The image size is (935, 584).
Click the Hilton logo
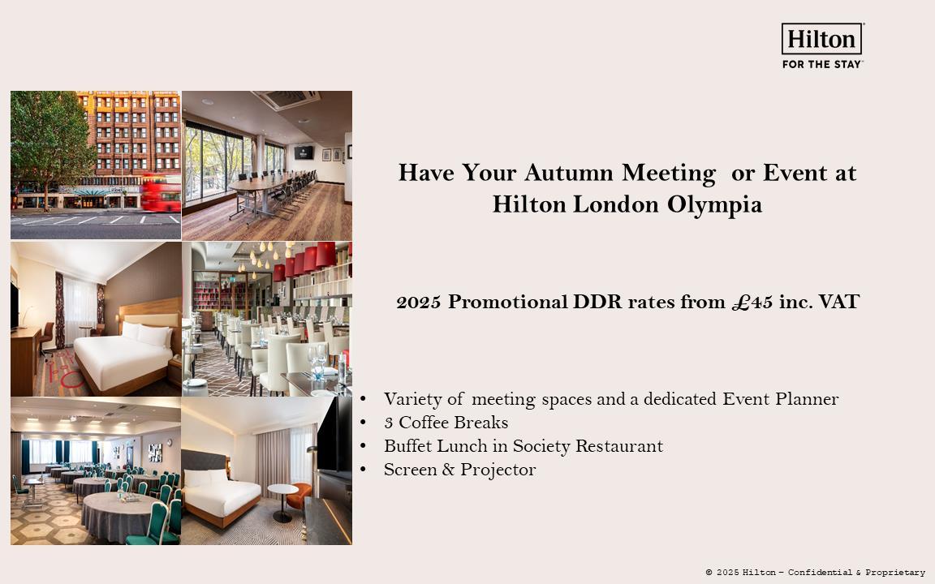coord(821,39)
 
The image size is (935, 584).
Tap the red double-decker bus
coord(162,193)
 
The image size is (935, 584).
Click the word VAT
coord(838,302)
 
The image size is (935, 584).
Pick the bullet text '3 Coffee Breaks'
coord(446,423)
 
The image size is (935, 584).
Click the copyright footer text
coord(815,573)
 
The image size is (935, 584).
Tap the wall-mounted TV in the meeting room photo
coord(304,152)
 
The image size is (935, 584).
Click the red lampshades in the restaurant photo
coord(304,260)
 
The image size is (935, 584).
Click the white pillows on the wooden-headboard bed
coord(147,333)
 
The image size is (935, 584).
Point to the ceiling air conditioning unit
coord(286,99)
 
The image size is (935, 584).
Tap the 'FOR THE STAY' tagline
coord(821,64)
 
